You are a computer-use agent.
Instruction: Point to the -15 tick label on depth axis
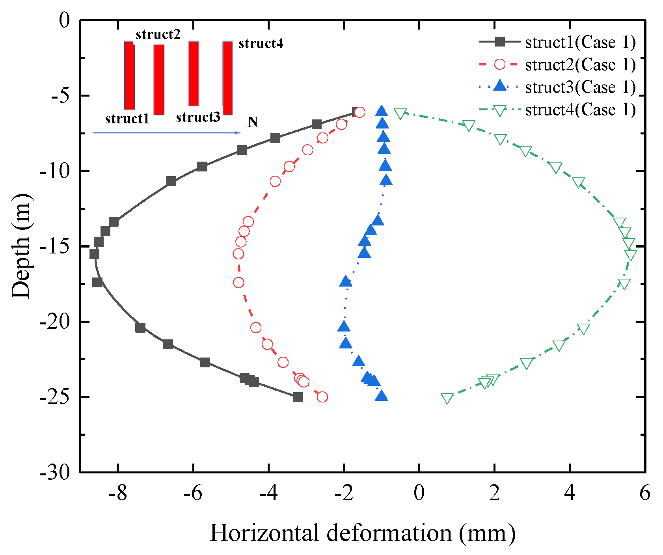click(x=55, y=246)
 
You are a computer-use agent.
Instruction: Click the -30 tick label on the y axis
click(x=55, y=472)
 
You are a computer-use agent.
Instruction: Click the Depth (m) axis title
click(x=21, y=246)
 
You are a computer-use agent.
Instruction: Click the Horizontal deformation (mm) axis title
click(x=363, y=533)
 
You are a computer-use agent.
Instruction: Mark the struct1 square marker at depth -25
click(x=298, y=397)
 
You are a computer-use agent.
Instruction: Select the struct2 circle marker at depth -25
click(x=322, y=397)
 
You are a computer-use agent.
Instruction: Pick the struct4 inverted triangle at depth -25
click(x=447, y=398)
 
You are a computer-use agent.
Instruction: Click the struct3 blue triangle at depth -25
click(x=381, y=396)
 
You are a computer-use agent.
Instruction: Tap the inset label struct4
click(x=261, y=43)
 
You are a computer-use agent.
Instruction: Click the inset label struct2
click(x=158, y=35)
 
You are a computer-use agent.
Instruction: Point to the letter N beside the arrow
click(x=253, y=122)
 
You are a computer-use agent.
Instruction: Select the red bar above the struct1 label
click(x=129, y=75)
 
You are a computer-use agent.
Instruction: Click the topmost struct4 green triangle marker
click(x=400, y=114)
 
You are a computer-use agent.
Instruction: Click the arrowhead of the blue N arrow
click(x=238, y=133)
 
